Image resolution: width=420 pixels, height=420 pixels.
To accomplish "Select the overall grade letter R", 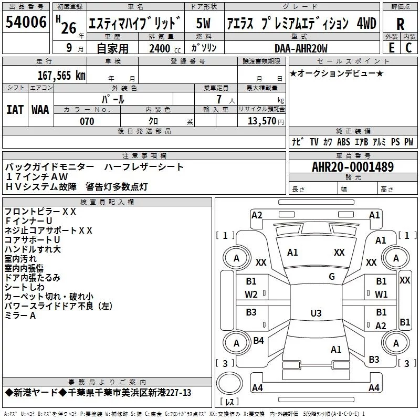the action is click(x=400, y=24).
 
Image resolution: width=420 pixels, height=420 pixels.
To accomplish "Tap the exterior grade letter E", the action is click(x=391, y=47).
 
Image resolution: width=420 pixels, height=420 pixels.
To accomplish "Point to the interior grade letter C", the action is click(x=408, y=47).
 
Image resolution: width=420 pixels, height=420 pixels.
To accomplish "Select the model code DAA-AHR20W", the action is click(x=301, y=48).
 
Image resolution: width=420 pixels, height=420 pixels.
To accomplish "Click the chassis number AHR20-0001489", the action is click(x=352, y=167).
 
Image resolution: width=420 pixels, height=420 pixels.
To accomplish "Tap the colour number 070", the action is click(x=87, y=121).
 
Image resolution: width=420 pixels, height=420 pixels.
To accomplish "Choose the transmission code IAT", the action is click(x=14, y=109).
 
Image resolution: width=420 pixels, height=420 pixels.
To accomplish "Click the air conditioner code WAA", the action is click(x=40, y=109).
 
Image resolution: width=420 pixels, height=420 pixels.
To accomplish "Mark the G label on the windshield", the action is click(x=331, y=276).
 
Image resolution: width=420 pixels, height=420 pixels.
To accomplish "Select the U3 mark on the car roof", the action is click(x=316, y=313).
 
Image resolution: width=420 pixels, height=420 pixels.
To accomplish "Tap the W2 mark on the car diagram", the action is click(x=251, y=294).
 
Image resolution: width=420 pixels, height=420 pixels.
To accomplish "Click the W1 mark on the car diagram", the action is click(x=381, y=294).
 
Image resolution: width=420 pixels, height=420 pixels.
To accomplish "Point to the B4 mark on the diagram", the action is click(x=258, y=341).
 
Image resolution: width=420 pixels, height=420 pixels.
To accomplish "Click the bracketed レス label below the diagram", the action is click(x=229, y=403).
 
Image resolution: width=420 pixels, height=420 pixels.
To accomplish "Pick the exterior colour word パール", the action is click(x=113, y=99).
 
